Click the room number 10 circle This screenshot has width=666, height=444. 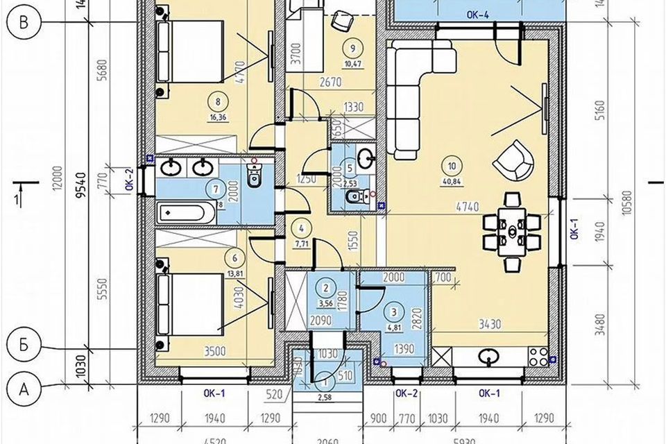tap(452, 166)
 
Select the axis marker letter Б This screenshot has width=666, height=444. tap(24, 345)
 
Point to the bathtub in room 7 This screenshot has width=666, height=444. tap(183, 212)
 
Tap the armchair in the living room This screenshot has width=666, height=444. tap(513, 159)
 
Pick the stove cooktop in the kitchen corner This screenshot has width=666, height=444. tap(538, 357)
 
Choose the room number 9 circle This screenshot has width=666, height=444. tap(353, 48)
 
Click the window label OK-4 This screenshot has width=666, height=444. tap(477, 13)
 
